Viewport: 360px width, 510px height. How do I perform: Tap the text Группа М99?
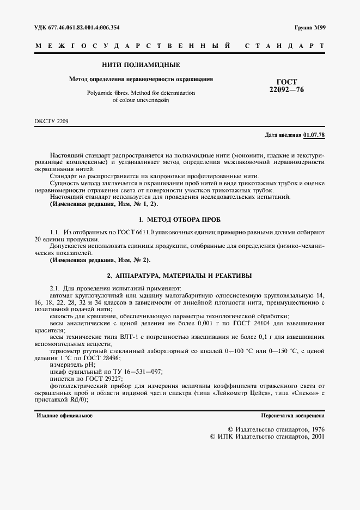pos(309,27)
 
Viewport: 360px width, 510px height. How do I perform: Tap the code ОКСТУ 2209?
pos(52,120)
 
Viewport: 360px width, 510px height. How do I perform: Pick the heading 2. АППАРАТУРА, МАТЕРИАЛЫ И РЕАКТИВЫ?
pos(180,275)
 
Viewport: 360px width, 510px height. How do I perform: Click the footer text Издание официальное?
pos(64,415)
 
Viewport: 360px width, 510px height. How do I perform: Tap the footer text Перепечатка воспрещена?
pos(292,415)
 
